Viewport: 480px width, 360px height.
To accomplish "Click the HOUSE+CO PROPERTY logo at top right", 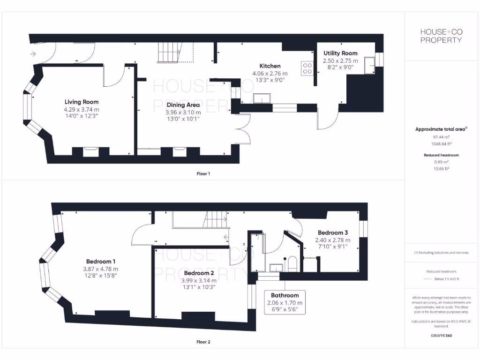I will [x=441, y=36].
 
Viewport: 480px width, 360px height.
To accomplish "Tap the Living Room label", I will [x=82, y=102].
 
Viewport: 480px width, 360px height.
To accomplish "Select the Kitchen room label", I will [x=270, y=66].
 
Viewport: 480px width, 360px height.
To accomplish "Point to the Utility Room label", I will [x=340, y=53].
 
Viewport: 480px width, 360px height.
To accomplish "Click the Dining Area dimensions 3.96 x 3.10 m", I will [x=183, y=112].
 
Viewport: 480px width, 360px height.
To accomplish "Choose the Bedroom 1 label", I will [x=101, y=261].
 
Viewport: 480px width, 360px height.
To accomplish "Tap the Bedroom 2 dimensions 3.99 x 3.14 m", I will [x=199, y=280].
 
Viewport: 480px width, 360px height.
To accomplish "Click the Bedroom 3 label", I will [x=333, y=232].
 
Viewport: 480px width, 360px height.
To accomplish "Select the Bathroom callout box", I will [x=285, y=302].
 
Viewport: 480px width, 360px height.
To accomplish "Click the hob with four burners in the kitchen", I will [x=307, y=69].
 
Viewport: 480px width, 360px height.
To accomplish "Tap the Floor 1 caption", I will [x=203, y=174].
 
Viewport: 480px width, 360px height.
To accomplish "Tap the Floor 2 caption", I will [x=203, y=342].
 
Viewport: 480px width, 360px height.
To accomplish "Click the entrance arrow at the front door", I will [x=33, y=54].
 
